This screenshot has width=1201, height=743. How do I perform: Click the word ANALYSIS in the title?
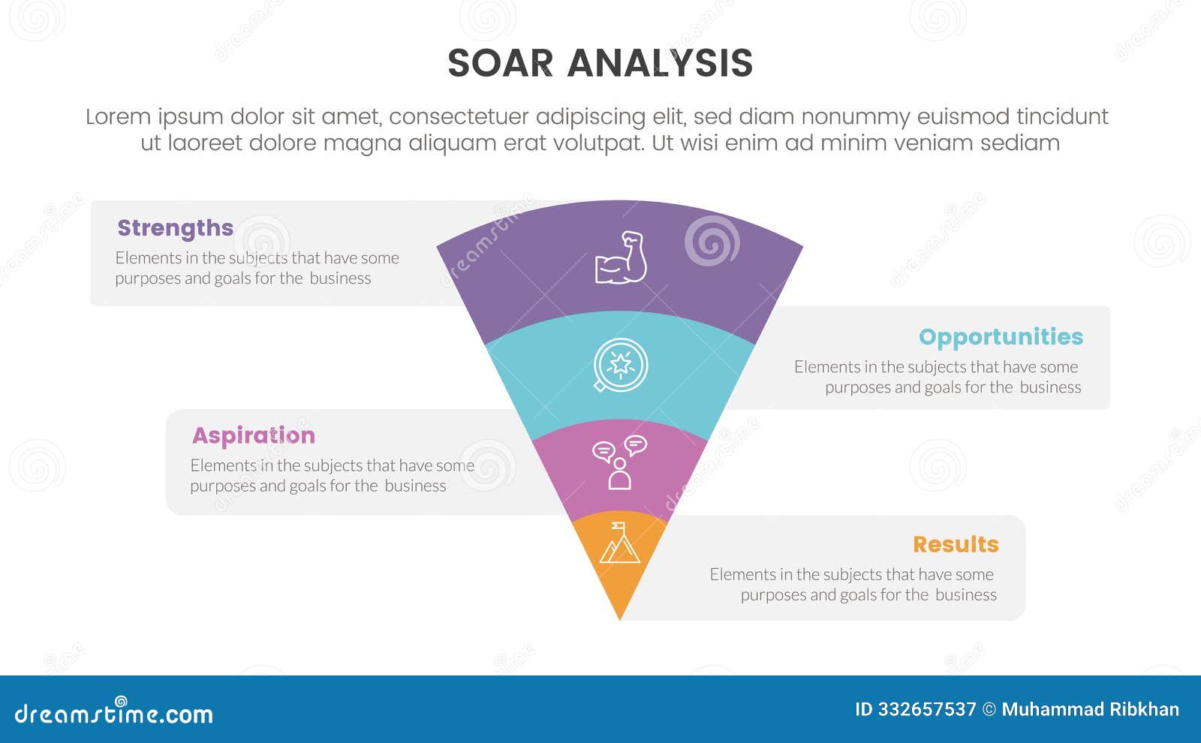coord(660,63)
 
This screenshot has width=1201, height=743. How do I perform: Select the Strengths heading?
coord(175,227)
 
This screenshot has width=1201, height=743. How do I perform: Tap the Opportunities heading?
coord(1001,336)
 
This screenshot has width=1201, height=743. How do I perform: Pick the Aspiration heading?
coord(253,435)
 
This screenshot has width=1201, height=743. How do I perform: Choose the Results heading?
coord(955,544)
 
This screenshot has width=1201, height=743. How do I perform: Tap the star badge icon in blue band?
coord(620,365)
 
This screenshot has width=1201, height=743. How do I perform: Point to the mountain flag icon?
coord(619,543)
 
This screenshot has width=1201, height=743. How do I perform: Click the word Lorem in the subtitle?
coord(118,117)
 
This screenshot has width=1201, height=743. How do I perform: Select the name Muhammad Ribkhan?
coord(1090,709)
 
